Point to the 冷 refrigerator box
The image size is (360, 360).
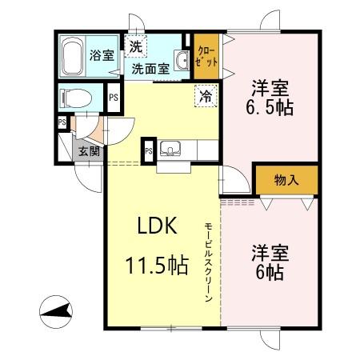(206, 98)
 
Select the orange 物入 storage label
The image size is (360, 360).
(286, 180)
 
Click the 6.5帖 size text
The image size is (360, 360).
(270, 108)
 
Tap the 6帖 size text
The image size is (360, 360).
(270, 271)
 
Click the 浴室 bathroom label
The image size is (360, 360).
(101, 56)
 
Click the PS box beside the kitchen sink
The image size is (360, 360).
(148, 151)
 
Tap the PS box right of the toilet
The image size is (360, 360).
(113, 98)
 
